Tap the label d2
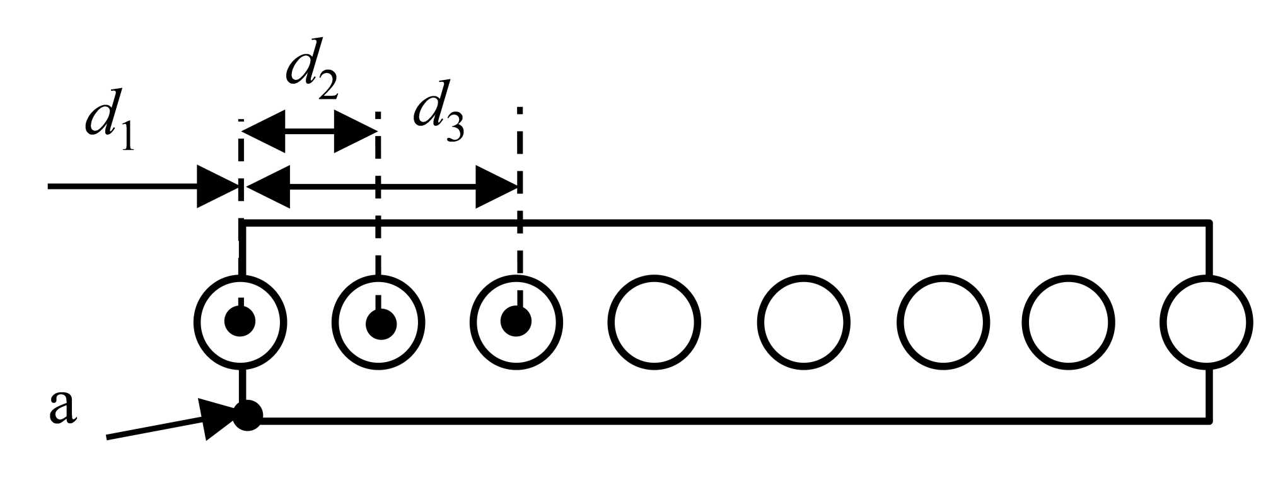tap(312, 71)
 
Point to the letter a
tap(62, 407)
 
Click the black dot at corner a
tap(247, 416)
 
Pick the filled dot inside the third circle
tap(516, 322)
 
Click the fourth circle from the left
tap(654, 322)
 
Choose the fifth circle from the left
tap(803, 322)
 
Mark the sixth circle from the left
tap(943, 322)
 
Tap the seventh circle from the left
tap(1067, 322)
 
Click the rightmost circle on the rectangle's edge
tap(1206, 322)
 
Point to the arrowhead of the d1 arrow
tap(218, 186)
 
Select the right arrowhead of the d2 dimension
tap(355, 132)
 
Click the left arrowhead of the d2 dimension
tap(264, 132)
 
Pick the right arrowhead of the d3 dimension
tap(497, 187)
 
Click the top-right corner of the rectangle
tap(1209, 223)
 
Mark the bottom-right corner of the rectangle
tap(1209, 420)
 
